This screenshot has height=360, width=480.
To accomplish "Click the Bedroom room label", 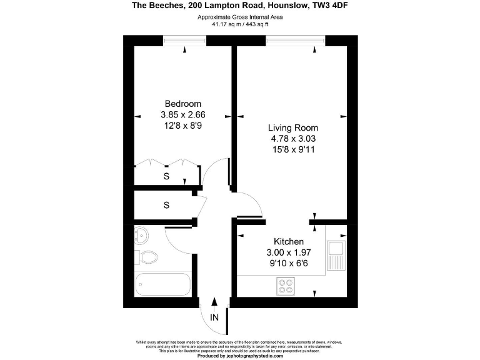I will pyautogui.click(x=183, y=104).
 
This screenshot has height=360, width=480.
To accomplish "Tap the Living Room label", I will pyautogui.click(x=289, y=127).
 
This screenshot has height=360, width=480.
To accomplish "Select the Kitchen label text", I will pyautogui.click(x=289, y=242).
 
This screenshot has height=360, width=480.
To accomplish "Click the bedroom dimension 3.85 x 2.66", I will pyautogui.click(x=183, y=115).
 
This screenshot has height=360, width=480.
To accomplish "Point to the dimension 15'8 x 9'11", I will pyautogui.click(x=289, y=150).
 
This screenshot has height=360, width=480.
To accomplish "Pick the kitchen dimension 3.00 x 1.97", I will pyautogui.click(x=289, y=253).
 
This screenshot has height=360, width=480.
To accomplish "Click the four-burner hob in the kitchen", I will pyautogui.click(x=287, y=286).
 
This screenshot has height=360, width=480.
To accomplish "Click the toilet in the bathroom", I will pyautogui.click(x=147, y=256).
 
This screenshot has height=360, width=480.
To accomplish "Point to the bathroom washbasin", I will pyautogui.click(x=141, y=236).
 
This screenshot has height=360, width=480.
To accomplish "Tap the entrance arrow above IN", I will pyautogui.click(x=215, y=303).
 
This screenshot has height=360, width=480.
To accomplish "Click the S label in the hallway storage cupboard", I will pyautogui.click(x=166, y=204).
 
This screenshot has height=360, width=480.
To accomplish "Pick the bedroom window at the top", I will pyautogui.click(x=185, y=41).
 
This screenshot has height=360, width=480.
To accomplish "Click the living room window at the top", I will pyautogui.click(x=296, y=41).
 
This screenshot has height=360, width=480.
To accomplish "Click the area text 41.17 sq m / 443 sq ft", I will pyautogui.click(x=240, y=24).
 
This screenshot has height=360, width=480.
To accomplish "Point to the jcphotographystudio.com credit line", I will pyautogui.click(x=240, y=356).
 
